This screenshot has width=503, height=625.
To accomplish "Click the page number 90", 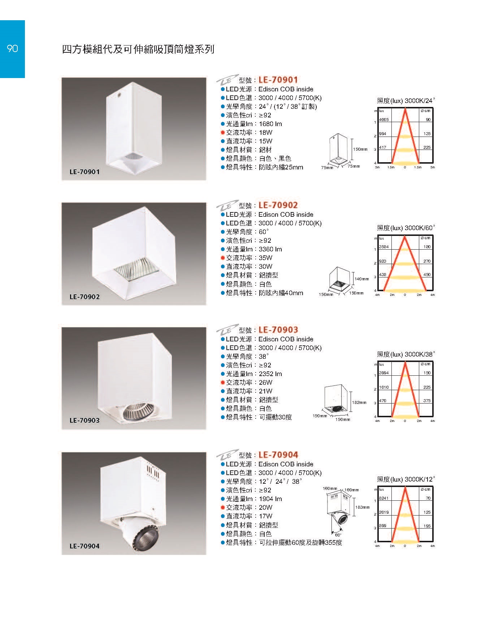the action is (12, 48).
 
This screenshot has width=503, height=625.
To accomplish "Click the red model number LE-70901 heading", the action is (278, 79).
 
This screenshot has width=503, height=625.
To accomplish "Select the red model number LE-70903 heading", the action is (278, 329).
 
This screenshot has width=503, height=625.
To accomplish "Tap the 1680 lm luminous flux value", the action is (270, 124).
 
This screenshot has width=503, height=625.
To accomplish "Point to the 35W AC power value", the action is (266, 258).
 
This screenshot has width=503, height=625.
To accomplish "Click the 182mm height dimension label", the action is (359, 402).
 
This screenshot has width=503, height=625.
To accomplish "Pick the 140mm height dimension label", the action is (362, 279).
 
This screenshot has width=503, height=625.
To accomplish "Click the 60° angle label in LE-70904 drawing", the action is (338, 535).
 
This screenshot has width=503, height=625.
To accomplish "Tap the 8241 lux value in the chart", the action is (384, 498).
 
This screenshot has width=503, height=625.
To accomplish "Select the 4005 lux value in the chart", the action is (384, 120).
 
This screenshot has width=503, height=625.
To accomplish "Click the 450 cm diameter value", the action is (427, 275).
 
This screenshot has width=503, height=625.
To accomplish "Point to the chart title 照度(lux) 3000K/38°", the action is (406, 354).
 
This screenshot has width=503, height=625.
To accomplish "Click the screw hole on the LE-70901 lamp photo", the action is (119, 95).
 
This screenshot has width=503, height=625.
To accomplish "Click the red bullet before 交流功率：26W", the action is (223, 383).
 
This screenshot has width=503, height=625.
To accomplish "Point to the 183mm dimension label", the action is (363, 507).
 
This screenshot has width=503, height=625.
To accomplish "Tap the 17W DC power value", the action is (266, 516).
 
